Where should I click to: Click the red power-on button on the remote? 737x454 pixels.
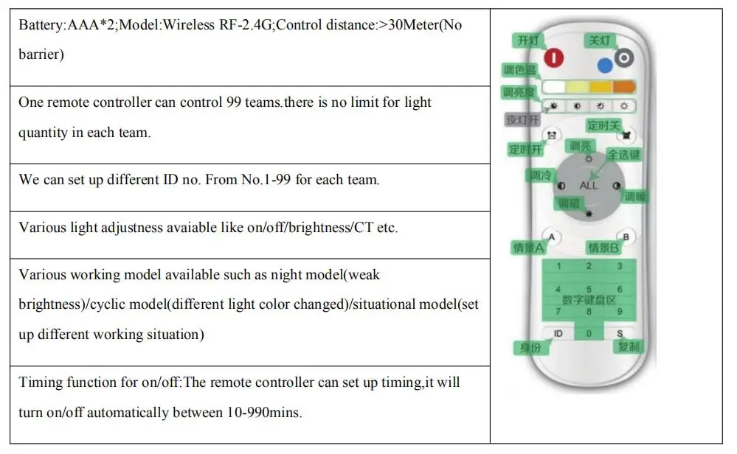pos(553,57)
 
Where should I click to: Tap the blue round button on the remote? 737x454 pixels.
pos(605,66)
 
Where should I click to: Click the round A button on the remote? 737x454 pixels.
pos(553,237)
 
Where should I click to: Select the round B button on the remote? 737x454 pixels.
pos(626,237)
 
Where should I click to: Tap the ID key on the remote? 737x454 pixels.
pos(558,334)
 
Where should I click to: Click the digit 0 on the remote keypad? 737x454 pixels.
pos(589,334)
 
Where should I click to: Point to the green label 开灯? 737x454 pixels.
pos(528,41)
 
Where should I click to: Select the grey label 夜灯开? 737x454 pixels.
pos(522,120)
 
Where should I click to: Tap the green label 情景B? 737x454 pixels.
pos(603,248)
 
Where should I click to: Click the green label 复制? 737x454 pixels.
pos(629,346)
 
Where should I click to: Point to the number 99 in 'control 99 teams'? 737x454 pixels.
pos(230,102)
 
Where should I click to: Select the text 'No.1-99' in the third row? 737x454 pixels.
pos(266,180)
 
